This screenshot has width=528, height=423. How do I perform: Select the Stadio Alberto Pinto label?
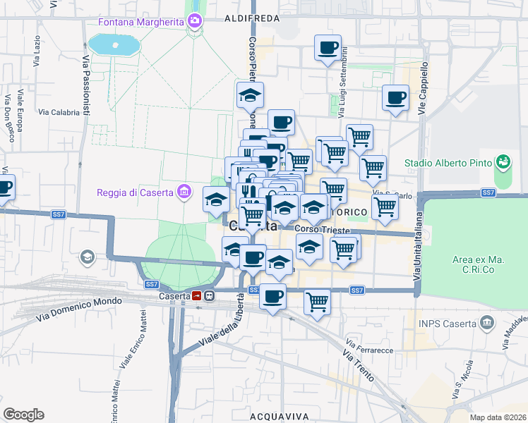click(448, 163)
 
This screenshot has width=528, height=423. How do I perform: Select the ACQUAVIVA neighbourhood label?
click(279, 417)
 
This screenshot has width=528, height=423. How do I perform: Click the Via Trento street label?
click(360, 367)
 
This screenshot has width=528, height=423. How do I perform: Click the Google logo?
click(23, 415)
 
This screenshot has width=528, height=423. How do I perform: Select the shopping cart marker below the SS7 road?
click(317, 301)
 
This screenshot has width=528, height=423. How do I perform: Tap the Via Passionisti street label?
click(86, 85)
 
